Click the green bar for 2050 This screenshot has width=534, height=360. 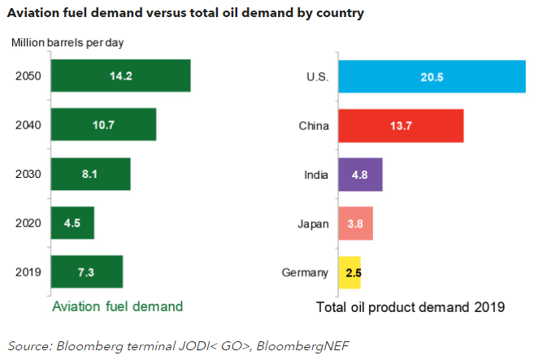[x=120, y=76]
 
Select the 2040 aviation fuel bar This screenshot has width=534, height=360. [x=103, y=124]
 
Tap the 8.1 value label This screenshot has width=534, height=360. [x=90, y=174]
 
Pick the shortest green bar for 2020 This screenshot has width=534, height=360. [x=72, y=223]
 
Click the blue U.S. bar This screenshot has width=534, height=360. [x=432, y=76]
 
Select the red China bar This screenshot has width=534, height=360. [x=401, y=126]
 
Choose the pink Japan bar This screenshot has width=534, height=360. [x=356, y=223]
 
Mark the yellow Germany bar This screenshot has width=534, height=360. [x=351, y=272]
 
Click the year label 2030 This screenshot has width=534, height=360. [x=28, y=174]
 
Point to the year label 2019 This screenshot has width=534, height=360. [x=28, y=271]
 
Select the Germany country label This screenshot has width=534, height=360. [x=306, y=272]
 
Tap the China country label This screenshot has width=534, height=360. [x=314, y=126]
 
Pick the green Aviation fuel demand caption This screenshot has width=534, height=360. [x=117, y=306]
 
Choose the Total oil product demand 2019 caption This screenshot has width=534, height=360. [x=410, y=307]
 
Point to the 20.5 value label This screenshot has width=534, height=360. [x=432, y=76]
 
